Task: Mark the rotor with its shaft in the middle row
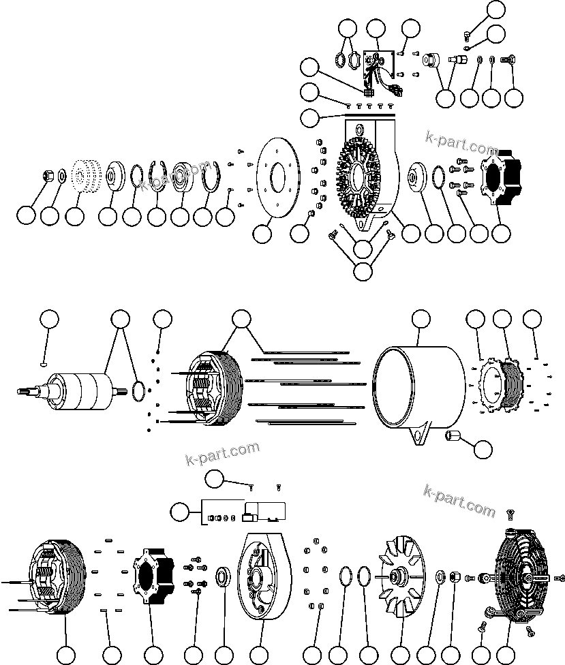click(x=75, y=390)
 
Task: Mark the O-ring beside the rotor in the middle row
click(x=137, y=390)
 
